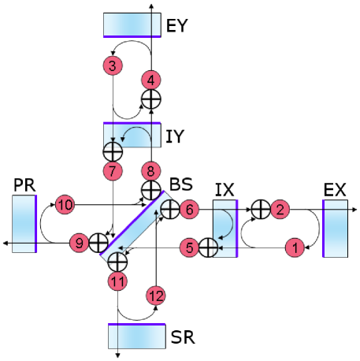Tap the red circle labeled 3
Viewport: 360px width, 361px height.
click(113, 65)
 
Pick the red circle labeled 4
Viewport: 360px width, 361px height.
click(150, 80)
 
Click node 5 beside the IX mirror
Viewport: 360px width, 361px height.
click(189, 247)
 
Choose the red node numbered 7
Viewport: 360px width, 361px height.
click(113, 169)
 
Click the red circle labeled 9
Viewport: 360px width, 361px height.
click(78, 243)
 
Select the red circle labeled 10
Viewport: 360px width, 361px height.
click(65, 205)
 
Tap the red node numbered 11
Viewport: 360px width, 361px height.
click(117, 280)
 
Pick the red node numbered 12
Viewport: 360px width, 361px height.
click(155, 295)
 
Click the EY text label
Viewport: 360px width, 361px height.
click(177, 26)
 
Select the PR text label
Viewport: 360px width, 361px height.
click(23, 184)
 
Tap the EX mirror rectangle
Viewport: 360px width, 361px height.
click(335, 229)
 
